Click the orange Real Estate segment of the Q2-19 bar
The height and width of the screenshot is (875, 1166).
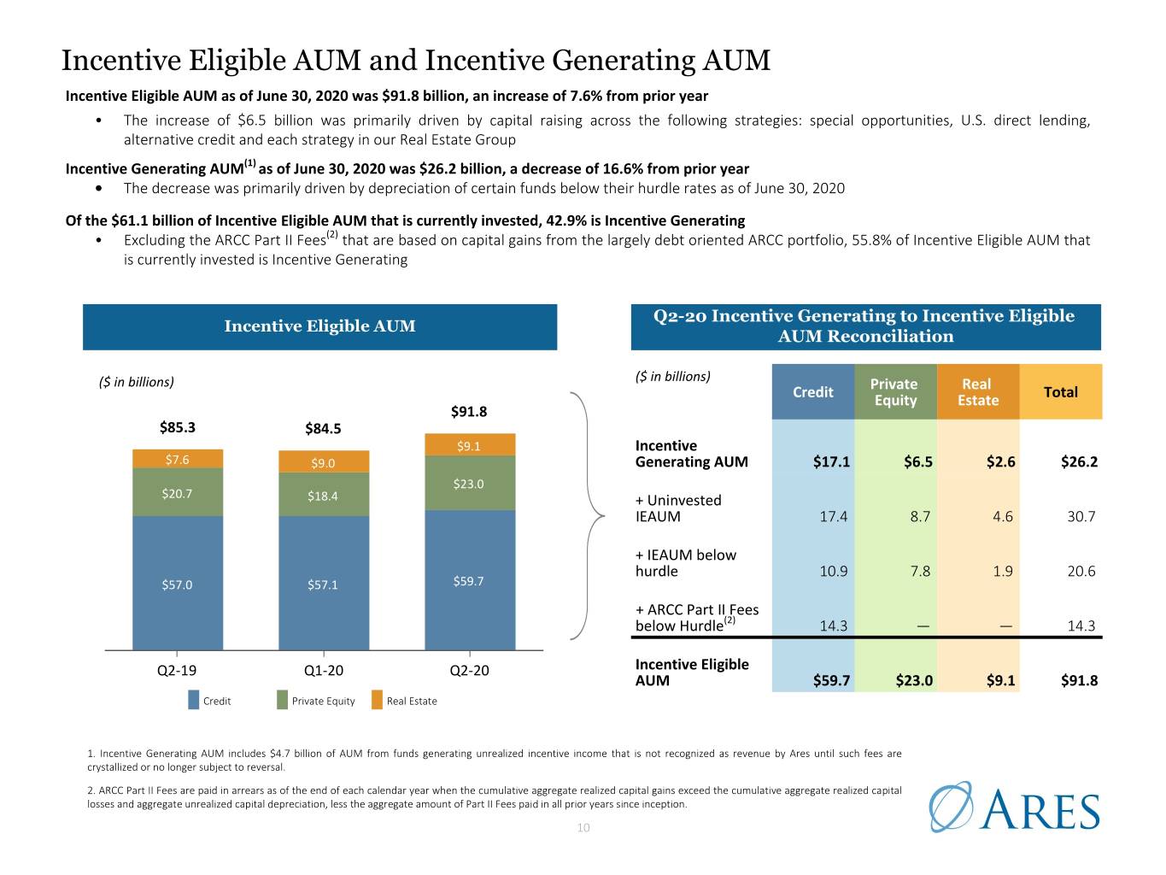[178, 459]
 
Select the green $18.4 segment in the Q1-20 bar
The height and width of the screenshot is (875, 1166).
[324, 494]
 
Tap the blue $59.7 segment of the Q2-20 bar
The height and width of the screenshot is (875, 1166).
[470, 580]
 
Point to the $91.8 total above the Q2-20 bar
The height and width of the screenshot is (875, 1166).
[468, 412]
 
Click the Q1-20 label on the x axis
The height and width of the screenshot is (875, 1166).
[324, 671]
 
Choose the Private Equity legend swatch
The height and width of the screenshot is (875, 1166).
[282, 700]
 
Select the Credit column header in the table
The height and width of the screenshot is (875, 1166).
[812, 392]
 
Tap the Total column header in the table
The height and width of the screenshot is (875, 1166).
[1060, 392]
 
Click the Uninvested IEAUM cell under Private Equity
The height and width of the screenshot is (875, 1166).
[919, 516]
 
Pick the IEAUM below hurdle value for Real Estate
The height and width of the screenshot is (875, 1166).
[1002, 571]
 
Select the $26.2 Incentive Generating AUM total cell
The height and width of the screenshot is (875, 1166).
[1079, 461]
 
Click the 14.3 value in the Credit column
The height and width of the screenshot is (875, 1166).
[833, 625]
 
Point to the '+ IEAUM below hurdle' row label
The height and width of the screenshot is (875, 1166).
[685, 563]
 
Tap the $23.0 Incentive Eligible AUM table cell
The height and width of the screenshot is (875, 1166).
[914, 680]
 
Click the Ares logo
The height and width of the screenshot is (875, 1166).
[1014, 807]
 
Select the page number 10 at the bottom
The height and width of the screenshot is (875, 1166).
[583, 828]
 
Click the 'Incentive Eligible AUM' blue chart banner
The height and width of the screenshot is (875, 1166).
[319, 326]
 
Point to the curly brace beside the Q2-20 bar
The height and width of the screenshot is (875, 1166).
[588, 515]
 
